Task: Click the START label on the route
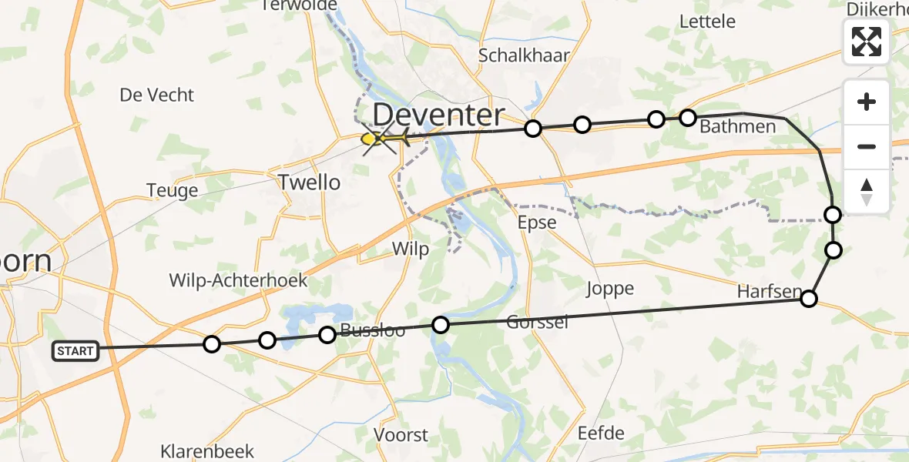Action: click(75, 351)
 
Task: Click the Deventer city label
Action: click(438, 115)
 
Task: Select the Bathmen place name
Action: click(737, 127)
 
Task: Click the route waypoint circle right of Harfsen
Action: click(808, 299)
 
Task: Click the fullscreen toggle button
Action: click(867, 42)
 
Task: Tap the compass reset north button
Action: click(867, 192)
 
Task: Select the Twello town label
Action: click(310, 182)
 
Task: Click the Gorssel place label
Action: click(538, 322)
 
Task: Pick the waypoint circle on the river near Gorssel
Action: click(441, 325)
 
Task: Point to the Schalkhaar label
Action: click(525, 55)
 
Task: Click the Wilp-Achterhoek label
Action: click(239, 280)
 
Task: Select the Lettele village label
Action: click(707, 22)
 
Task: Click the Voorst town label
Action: click(401, 434)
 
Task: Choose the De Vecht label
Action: click(157, 95)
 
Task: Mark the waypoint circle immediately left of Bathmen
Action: click(688, 118)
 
